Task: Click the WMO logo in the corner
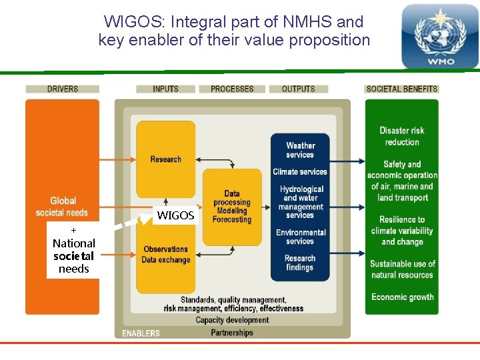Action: tap(439, 37)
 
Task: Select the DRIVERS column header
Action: tap(63, 89)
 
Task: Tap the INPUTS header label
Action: tap(165, 89)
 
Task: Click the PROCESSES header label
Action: tap(232, 89)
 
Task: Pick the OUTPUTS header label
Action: tap(299, 89)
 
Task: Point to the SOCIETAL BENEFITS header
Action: tap(402, 89)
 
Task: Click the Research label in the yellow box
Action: tap(166, 159)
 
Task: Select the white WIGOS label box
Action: tap(175, 215)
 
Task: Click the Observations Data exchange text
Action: tap(166, 255)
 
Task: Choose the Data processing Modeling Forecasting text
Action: tap(232, 207)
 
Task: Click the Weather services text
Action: tap(300, 150)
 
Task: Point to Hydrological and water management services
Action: tap(301, 203)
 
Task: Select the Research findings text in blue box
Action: tap(300, 263)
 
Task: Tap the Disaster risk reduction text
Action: tap(402, 136)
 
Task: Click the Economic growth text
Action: tap(402, 297)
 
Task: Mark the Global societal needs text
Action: tap(63, 207)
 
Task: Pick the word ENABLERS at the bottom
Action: tap(141, 333)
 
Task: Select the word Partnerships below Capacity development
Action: tap(232, 333)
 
